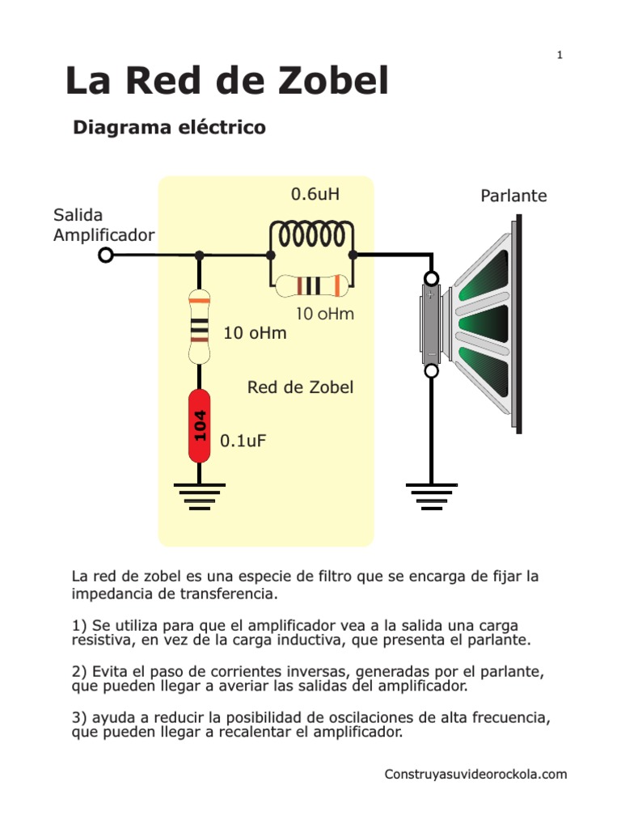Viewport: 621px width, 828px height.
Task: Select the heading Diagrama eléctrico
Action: tap(169, 128)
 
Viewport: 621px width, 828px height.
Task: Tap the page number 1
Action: tap(560, 55)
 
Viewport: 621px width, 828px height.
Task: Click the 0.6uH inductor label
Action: tap(315, 194)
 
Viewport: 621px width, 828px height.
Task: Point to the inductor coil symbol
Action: tap(311, 235)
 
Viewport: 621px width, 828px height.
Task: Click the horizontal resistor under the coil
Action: tap(311, 285)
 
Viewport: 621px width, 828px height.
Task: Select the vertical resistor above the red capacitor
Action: tap(199, 327)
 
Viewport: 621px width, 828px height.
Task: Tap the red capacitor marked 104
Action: tap(199, 425)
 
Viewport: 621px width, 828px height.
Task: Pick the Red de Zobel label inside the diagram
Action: tap(300, 387)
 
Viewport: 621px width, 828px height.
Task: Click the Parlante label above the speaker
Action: tap(513, 196)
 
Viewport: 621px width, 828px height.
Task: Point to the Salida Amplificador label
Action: tap(103, 225)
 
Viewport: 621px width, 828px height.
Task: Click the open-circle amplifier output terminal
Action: tap(105, 256)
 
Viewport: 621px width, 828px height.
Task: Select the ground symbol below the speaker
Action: tap(431, 494)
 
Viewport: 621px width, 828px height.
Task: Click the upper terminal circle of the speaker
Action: tap(432, 279)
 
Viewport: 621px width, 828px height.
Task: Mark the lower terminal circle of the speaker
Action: tap(432, 371)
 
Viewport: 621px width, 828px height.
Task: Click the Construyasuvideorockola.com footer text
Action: tap(475, 775)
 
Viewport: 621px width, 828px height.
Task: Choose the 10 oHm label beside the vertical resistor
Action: tap(255, 333)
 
